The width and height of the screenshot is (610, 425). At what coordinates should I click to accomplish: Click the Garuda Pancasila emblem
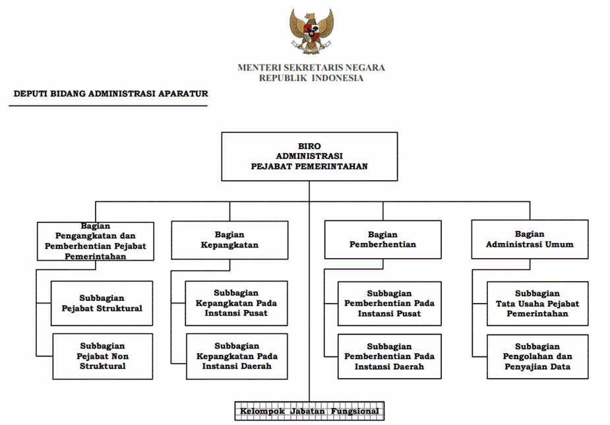point(311,31)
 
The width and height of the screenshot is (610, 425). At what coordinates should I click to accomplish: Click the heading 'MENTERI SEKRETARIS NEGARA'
point(311,68)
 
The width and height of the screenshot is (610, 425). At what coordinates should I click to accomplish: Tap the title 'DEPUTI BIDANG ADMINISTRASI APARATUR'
point(111,94)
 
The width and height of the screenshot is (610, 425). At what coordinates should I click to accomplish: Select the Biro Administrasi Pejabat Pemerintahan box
point(309,156)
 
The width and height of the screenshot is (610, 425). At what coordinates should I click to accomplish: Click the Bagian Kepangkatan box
point(229,240)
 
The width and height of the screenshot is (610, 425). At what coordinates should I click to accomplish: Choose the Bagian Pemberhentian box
point(382,240)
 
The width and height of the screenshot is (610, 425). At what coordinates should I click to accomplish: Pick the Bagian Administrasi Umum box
point(530,240)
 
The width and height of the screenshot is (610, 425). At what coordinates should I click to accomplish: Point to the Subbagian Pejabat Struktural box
point(102,303)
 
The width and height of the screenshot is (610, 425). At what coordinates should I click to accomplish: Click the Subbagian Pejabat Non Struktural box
point(103,356)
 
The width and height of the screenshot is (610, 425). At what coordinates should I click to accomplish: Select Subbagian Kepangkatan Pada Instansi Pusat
point(236,303)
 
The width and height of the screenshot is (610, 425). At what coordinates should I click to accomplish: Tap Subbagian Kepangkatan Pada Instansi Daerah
point(237,356)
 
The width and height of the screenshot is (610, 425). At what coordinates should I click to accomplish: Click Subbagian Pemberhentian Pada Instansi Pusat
point(390,304)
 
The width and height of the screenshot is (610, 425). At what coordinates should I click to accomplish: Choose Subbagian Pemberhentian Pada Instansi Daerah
point(390,356)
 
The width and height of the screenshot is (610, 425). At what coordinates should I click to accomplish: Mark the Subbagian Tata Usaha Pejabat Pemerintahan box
point(537,304)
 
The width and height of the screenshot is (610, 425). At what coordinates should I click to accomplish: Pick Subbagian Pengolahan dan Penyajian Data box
point(537,356)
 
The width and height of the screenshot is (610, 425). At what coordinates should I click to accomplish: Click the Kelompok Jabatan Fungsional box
point(309,411)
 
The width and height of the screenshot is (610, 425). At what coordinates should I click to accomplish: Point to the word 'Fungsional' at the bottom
point(355,411)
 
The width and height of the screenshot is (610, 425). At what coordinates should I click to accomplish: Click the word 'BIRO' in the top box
point(309,147)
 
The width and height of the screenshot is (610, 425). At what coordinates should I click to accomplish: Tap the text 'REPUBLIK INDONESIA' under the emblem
point(311,79)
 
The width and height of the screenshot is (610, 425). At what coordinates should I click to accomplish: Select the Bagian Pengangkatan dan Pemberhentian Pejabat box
point(96,241)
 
